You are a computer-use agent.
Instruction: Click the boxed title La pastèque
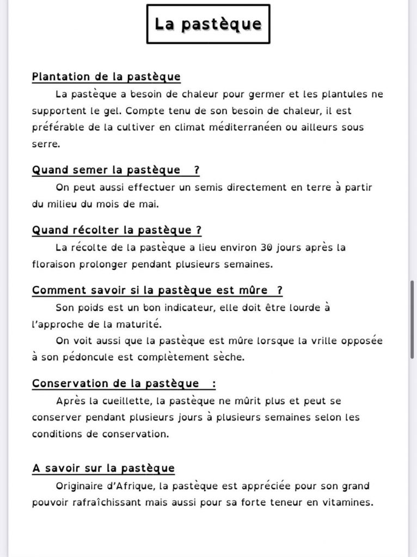tap(208, 24)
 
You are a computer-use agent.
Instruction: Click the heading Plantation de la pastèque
tap(106, 77)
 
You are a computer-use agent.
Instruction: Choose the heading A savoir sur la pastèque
tap(103, 468)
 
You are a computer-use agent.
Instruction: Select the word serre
tap(45, 145)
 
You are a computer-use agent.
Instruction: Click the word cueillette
tap(125, 401)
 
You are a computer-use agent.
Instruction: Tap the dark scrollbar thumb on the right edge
tap(413, 319)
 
